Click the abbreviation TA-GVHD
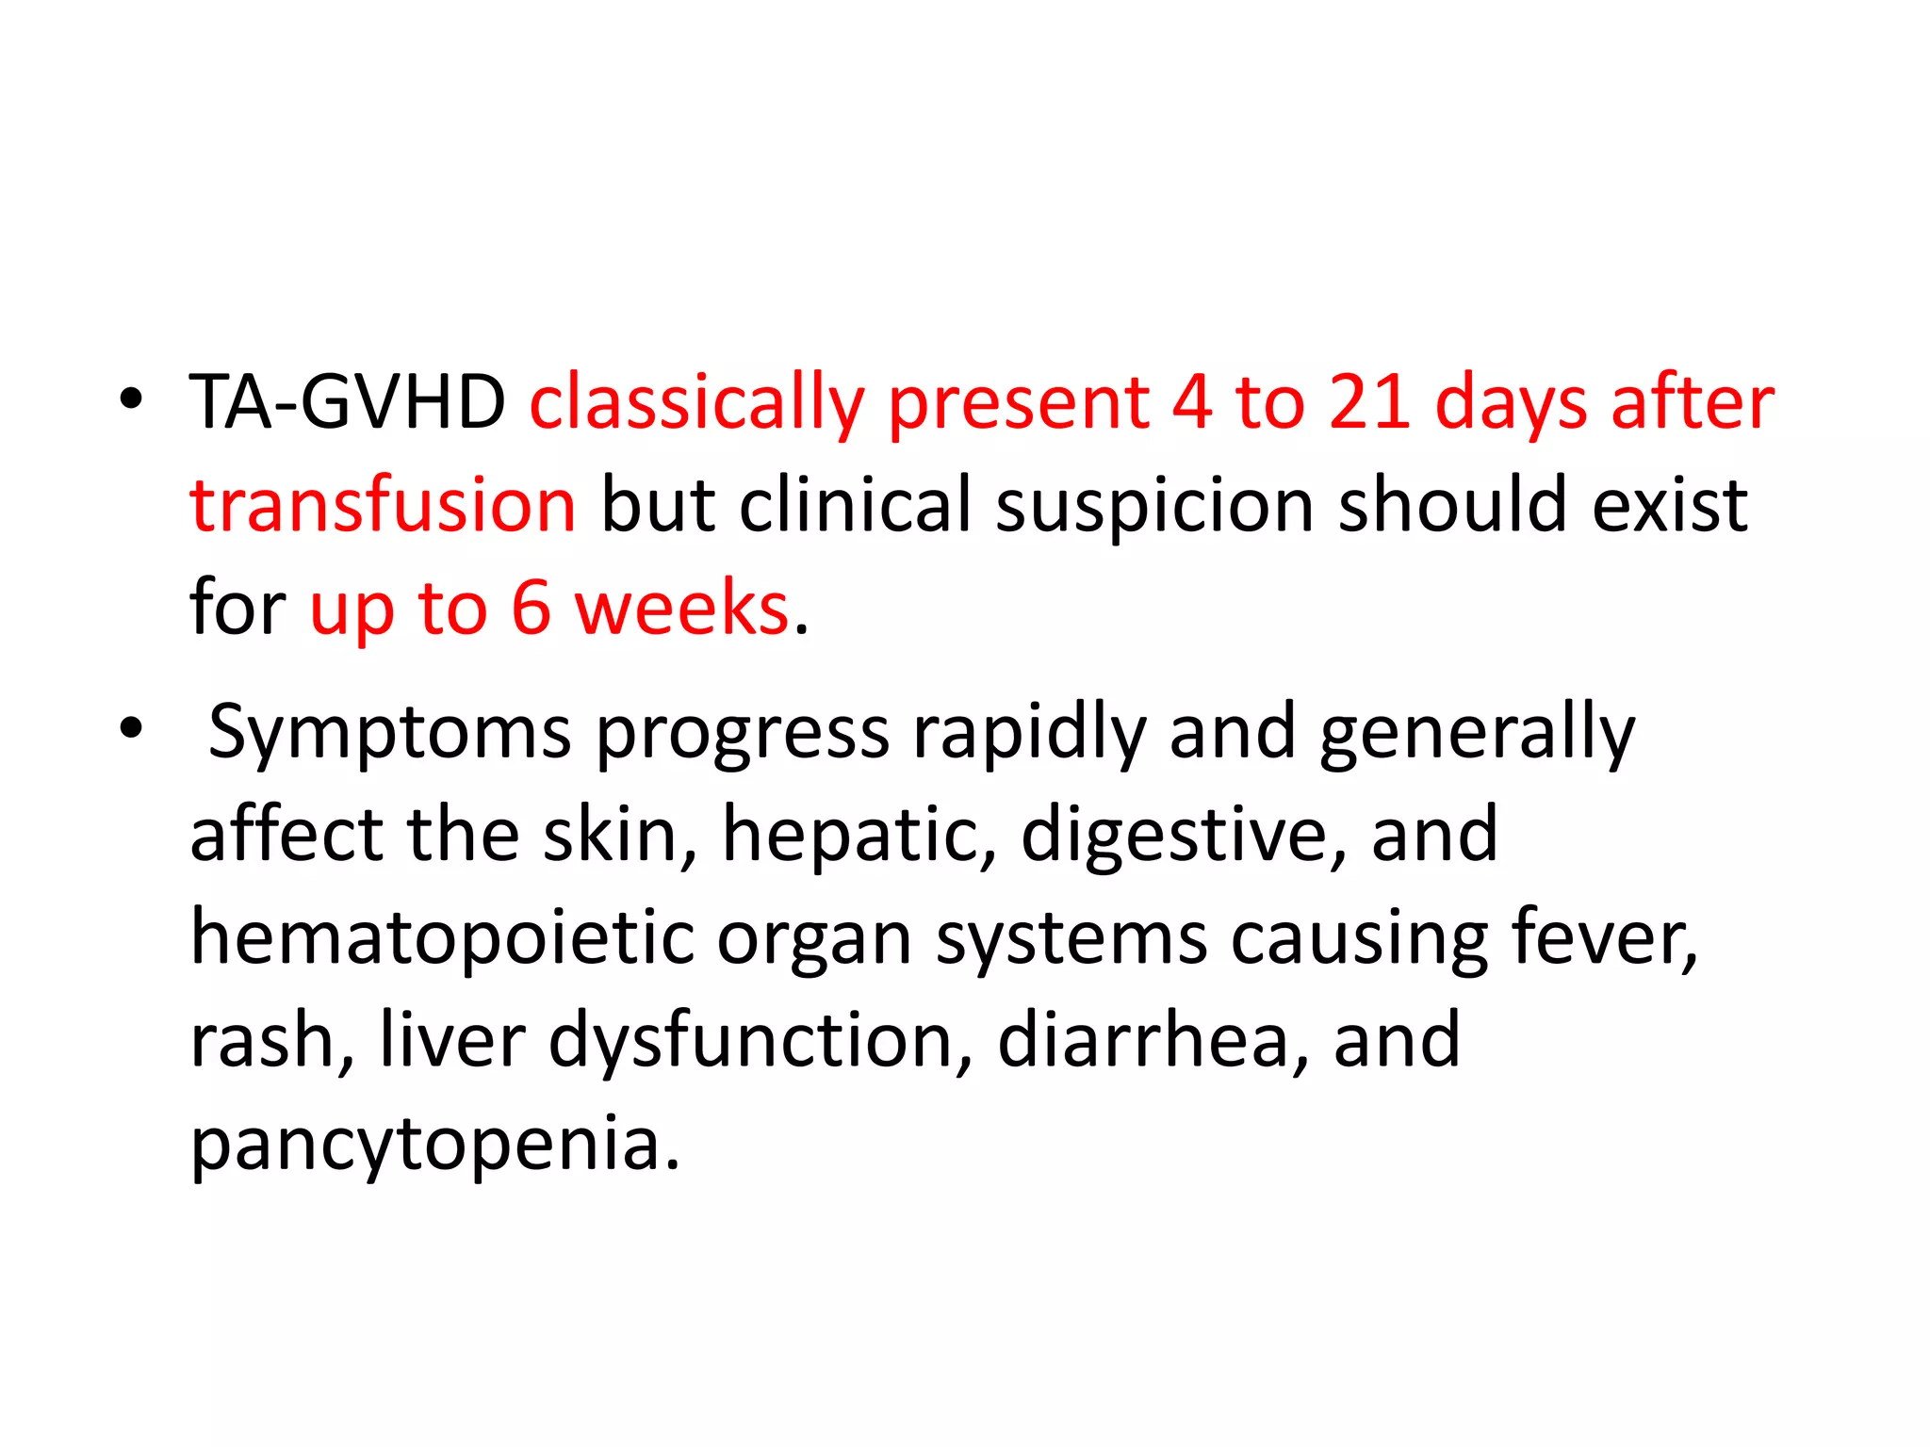pos(348,402)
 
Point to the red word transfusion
pos(383,506)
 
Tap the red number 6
pos(531,609)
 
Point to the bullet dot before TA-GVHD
pos(131,399)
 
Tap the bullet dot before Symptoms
pos(131,728)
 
